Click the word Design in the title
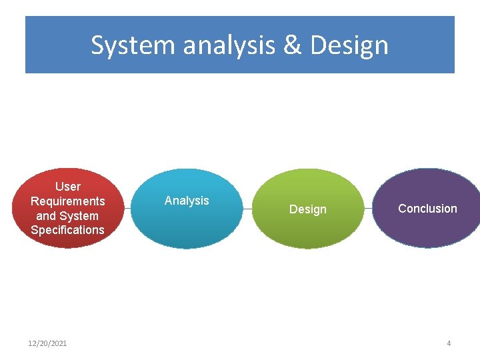pos(349,45)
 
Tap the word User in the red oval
pos(67,187)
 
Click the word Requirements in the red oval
pos(67,201)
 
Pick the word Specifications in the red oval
pos(67,230)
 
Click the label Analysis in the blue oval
pos(187,201)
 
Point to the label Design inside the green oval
pos(307,209)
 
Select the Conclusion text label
pos(427,209)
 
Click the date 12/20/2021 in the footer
pos(47,343)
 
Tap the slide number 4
pos(449,343)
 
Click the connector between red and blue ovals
pos(127,209)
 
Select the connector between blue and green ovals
pos(247,209)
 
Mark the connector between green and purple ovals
pos(368,209)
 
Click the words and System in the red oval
pos(67,216)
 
